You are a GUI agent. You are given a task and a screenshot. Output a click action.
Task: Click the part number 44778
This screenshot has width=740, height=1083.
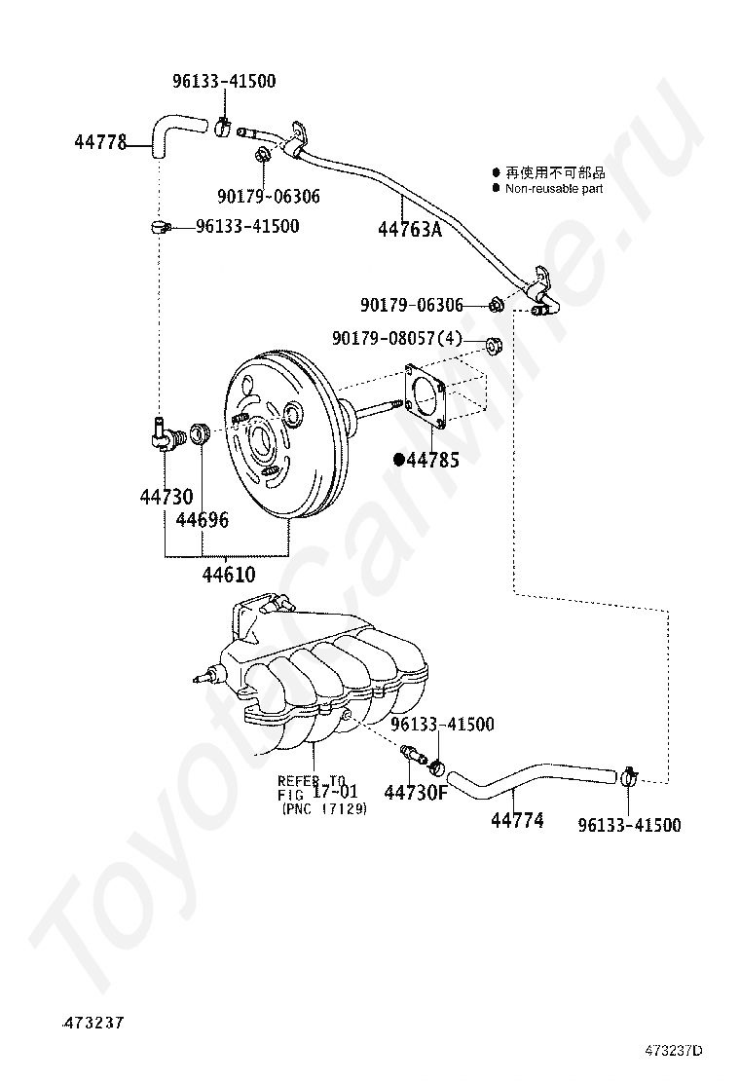[x=100, y=142]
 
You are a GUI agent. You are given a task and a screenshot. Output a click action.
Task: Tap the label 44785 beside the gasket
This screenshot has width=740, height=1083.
[x=432, y=459]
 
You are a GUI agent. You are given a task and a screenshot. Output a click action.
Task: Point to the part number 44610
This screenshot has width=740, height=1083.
[x=229, y=574]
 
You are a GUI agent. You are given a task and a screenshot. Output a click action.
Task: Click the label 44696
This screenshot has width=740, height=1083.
[x=203, y=519]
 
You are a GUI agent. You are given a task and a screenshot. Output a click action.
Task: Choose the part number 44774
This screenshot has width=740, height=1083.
[x=517, y=820]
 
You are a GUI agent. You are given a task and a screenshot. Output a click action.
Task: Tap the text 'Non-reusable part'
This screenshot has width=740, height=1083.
[x=553, y=188]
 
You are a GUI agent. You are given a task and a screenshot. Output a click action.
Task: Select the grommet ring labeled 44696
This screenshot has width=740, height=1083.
[x=201, y=433]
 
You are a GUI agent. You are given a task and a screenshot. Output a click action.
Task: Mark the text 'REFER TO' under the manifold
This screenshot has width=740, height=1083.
[x=311, y=780]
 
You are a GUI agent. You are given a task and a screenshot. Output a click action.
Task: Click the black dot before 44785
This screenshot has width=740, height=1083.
[x=398, y=459]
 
